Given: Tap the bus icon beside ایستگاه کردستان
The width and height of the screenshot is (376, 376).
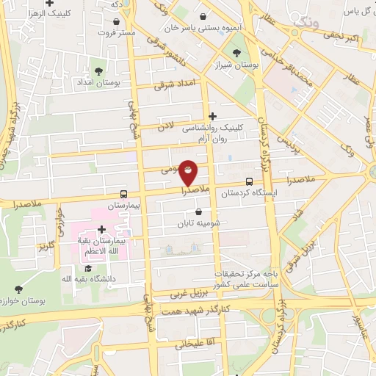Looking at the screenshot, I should [x=249, y=181].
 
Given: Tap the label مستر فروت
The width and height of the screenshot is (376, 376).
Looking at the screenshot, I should [x=117, y=33].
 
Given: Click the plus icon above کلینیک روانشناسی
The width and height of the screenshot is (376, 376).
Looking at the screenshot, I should [x=213, y=115].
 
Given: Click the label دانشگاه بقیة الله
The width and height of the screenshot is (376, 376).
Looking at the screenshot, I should [x=87, y=278].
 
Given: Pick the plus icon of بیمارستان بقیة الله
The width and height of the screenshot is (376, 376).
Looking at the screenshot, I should [x=101, y=230].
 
